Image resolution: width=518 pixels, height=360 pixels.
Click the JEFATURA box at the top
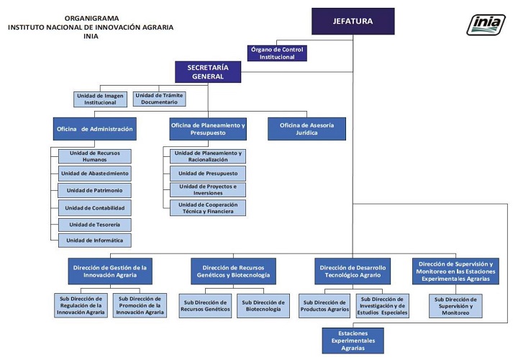point(353,21)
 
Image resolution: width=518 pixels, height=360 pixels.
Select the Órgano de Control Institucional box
point(277,53)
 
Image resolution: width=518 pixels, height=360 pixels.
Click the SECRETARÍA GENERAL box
point(208,71)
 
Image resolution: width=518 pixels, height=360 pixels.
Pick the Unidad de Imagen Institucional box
point(101,99)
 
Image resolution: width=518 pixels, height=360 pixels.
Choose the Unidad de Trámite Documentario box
point(159,99)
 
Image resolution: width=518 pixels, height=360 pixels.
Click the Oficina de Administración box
point(95,128)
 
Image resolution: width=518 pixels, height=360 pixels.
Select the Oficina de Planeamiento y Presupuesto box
point(208,128)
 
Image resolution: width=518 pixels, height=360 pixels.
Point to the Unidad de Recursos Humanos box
point(95,156)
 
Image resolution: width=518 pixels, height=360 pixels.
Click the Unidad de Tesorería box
point(95,224)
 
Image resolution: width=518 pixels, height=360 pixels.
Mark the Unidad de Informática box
point(95,240)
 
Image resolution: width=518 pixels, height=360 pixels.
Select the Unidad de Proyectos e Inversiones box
point(207,190)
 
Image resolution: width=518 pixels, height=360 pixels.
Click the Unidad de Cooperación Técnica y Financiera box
point(207,208)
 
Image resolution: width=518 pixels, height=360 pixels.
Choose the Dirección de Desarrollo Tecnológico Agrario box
point(353,271)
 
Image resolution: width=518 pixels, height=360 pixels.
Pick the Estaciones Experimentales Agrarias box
point(353,341)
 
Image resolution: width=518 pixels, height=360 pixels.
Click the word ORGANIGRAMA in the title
point(92,17)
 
